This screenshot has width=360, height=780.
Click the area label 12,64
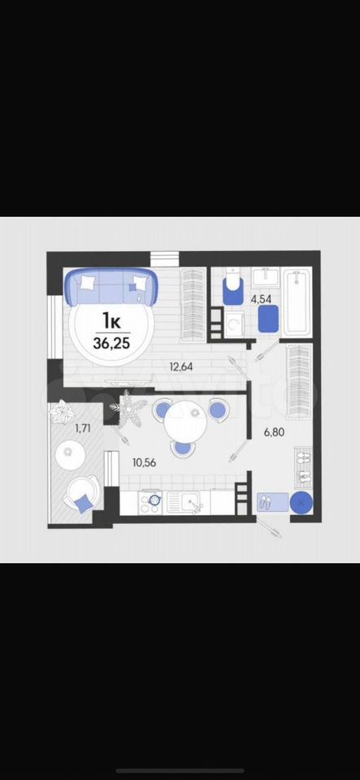point(181,367)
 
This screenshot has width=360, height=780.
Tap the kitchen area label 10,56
point(144,462)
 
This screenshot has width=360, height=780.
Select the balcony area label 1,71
point(83,427)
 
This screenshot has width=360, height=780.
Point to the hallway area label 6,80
point(274,432)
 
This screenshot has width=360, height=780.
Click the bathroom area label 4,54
point(261,301)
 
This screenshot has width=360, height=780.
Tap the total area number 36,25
point(113,343)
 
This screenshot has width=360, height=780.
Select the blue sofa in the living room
point(111,287)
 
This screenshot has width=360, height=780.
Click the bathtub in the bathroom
point(297,302)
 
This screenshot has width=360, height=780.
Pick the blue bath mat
point(268,318)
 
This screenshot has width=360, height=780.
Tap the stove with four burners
point(150,501)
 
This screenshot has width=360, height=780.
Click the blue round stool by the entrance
point(301,503)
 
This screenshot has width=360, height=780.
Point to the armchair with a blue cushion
point(81,493)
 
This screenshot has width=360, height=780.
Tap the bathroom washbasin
point(266,277)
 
